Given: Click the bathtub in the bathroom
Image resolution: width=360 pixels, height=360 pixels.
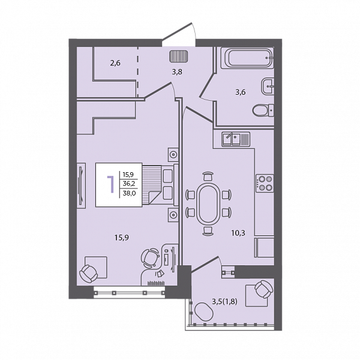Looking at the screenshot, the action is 247,58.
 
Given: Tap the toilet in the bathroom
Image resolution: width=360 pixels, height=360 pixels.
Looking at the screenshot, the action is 263,110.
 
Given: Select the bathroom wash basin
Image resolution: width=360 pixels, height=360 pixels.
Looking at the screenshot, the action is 268,86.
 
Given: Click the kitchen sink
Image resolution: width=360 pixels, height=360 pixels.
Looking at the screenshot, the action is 236,139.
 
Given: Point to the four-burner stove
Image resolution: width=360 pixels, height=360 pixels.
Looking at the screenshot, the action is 265,183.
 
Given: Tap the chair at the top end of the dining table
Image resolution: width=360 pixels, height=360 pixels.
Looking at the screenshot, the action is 208,176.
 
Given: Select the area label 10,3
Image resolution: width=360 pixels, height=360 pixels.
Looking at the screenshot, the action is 238,233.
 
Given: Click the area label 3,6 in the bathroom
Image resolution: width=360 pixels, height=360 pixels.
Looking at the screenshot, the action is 241,92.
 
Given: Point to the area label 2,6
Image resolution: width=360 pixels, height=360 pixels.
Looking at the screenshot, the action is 115,63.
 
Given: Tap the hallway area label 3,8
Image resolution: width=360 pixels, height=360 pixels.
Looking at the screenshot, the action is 177,72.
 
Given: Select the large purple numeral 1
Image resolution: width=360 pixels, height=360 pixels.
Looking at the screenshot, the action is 111,184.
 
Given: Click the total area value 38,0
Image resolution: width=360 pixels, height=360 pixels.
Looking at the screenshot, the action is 129,193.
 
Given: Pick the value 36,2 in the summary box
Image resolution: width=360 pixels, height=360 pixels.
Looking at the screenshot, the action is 129,184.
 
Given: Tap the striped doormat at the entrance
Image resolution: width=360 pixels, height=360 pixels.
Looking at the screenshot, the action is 179,56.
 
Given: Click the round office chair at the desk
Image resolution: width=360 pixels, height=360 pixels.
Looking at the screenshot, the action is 150,258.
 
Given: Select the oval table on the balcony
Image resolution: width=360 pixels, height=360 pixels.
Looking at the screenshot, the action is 204,312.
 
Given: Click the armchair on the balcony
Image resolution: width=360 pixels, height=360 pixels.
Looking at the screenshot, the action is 264,289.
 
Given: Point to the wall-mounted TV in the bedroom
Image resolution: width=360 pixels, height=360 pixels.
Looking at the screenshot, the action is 81,185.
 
